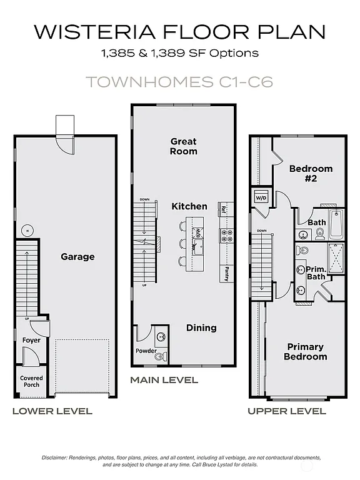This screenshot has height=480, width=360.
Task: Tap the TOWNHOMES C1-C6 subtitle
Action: (179, 82)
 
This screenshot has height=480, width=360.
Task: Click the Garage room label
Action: (77, 256)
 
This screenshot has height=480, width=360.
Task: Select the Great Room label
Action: (184, 146)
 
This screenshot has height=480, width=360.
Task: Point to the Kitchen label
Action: (189, 206)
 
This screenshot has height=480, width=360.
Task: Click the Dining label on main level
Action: (201, 327)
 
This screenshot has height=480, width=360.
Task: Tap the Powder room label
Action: (146, 351)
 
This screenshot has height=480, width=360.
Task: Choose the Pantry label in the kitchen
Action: (226, 273)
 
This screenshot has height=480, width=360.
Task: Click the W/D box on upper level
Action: (260, 198)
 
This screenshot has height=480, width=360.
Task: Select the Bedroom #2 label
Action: (311, 173)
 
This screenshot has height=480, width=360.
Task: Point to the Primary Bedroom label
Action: (306, 351)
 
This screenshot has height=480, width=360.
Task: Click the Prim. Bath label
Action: (316, 272)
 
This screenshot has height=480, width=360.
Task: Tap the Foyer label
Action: (31, 340)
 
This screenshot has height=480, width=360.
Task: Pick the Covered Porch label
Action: (31, 381)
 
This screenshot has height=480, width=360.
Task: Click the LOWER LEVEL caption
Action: (52, 411)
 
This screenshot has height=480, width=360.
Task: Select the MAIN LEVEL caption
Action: (164, 379)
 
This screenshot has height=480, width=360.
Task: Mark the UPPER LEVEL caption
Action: (286, 411)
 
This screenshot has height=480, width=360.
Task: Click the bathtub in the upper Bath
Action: (336, 224)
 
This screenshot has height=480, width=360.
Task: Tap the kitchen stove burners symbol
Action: (226, 235)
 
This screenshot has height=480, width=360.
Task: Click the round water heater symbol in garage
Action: (26, 231)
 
